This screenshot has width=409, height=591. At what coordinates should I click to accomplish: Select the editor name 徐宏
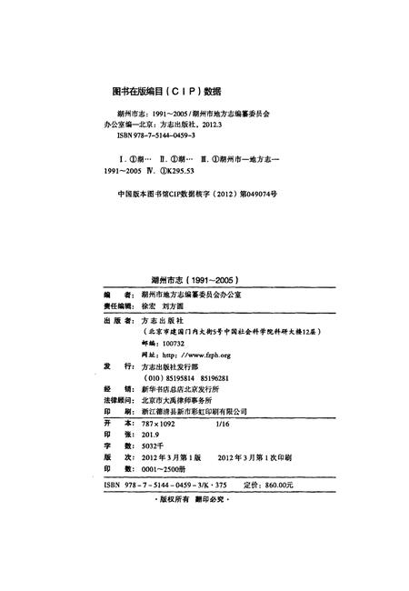[x=151, y=307]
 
